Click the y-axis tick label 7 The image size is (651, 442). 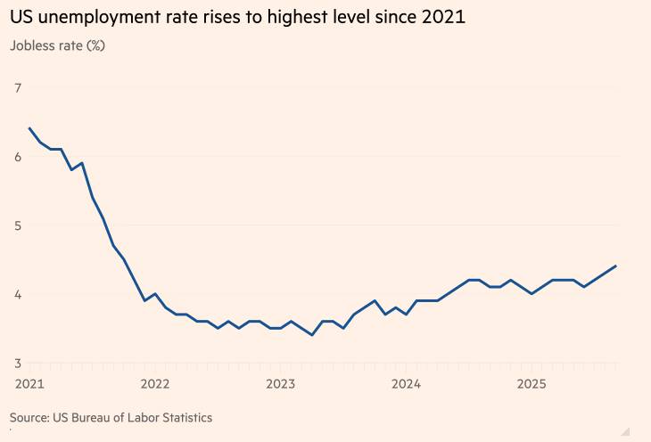(18, 87)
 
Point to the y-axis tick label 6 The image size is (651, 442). (18, 157)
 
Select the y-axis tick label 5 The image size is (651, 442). (18, 225)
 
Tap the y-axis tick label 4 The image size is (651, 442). (18, 294)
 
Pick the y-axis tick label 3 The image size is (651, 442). (18, 363)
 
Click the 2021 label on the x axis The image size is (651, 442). (29, 384)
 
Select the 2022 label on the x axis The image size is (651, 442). (155, 384)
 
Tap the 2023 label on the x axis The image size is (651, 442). (280, 384)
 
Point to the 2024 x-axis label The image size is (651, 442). (406, 384)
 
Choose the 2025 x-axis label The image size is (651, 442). (532, 384)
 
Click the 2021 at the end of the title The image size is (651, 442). (445, 17)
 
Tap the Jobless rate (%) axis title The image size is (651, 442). (57, 45)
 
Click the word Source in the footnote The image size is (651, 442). (29, 417)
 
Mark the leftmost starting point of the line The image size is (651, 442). (29, 128)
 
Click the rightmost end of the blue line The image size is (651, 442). (615, 266)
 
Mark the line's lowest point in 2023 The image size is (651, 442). (311, 335)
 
